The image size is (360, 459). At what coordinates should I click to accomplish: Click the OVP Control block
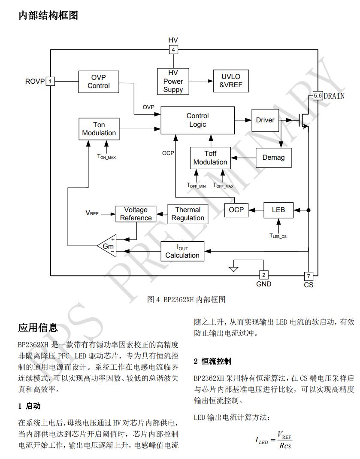[99, 82]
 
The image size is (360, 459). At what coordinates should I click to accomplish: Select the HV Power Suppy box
[173, 81]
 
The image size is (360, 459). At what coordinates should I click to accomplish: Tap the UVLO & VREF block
[231, 81]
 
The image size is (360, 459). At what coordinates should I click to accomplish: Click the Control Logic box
[197, 120]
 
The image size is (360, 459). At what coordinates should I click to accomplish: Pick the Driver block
[265, 120]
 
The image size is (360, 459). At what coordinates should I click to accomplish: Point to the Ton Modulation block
[99, 129]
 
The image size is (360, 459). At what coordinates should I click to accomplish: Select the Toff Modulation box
[210, 158]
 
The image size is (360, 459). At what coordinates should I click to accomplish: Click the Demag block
[273, 158]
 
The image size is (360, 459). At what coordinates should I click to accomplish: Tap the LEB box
[278, 210]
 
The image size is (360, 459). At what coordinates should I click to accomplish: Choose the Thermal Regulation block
[188, 214]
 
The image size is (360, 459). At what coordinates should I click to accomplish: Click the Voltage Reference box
[136, 214]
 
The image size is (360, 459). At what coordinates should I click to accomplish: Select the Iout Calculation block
[182, 251]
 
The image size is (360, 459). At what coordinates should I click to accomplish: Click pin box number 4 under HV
[173, 50]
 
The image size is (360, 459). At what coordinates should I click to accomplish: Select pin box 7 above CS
[308, 276]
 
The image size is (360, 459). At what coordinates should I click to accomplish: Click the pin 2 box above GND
[264, 275]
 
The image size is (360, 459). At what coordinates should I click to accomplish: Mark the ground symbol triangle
[233, 269]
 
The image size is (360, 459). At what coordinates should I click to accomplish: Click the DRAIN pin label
[334, 96]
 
